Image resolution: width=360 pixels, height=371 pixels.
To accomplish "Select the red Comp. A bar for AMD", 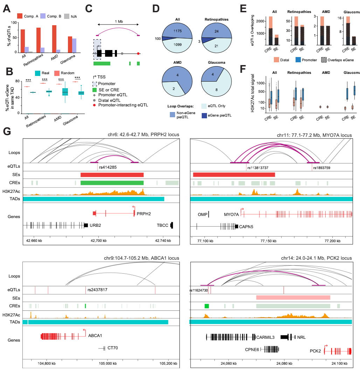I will point(54,38).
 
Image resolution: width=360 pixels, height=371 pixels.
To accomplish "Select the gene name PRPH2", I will point(144,213).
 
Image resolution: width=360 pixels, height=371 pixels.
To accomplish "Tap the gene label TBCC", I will point(163,225).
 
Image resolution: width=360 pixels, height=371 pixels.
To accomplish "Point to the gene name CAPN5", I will point(247,226).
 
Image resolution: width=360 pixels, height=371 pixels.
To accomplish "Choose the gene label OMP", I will point(202,214).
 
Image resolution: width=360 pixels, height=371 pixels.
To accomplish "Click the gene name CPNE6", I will point(252,349).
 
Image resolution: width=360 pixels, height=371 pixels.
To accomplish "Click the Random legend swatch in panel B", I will point(57,73).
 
